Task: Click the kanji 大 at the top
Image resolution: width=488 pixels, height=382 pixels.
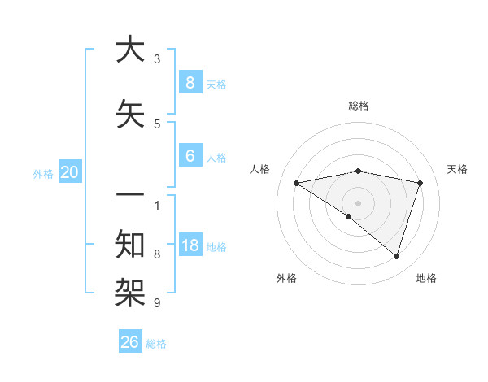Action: [x=129, y=50]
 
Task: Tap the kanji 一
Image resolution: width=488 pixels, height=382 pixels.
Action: [x=129, y=196]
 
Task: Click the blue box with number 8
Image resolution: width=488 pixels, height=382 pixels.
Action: [x=190, y=82]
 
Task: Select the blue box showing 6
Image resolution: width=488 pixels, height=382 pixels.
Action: [x=190, y=156]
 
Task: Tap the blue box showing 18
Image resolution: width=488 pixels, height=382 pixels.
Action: [x=190, y=245]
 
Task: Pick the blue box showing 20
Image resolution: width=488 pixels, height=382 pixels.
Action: [x=69, y=172]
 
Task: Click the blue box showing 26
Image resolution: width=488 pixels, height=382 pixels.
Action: [x=130, y=342]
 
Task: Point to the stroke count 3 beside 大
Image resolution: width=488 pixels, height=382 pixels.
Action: [x=157, y=59]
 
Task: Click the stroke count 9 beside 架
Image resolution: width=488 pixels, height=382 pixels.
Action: [x=157, y=303]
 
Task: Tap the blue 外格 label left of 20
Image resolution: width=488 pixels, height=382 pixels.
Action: [x=43, y=173]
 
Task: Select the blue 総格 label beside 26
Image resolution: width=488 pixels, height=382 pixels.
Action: [x=156, y=344]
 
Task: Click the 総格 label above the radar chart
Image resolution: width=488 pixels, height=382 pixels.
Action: [x=358, y=106]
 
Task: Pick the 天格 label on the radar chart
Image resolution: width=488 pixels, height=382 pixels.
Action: [x=457, y=169]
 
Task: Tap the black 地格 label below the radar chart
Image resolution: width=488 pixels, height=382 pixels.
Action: [x=426, y=278]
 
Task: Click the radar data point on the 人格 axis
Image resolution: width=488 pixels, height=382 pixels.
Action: [x=296, y=183]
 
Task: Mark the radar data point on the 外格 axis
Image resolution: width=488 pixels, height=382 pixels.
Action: [x=349, y=216]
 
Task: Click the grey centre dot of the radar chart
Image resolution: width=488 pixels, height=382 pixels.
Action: [x=358, y=202]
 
